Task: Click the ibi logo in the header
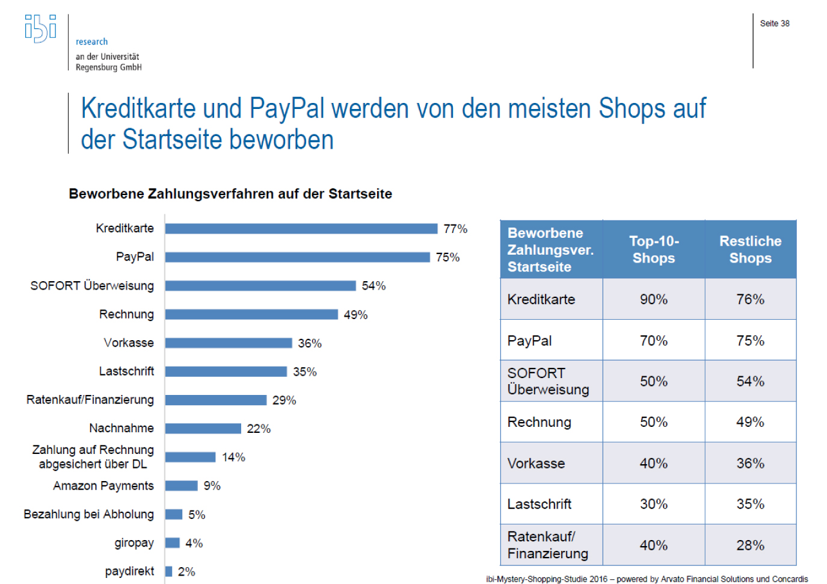pos(40,28)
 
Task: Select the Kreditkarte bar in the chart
pos(301,229)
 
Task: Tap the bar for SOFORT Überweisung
pos(260,285)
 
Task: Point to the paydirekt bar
pos(169,571)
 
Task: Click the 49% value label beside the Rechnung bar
pos(355,315)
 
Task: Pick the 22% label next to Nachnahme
pos(259,429)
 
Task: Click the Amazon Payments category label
pos(103,486)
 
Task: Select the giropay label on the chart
pos(134,543)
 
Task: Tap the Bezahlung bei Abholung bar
pos(174,514)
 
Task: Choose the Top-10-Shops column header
pos(654,249)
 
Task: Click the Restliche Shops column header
pos(750,249)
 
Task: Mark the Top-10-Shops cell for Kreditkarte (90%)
pos(654,299)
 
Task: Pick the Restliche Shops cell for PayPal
pos(750,341)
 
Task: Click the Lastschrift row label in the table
pos(540,504)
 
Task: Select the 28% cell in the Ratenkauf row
pos(750,545)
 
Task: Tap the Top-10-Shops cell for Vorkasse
pos(654,464)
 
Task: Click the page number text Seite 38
pos(775,23)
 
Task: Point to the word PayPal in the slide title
pos(287,109)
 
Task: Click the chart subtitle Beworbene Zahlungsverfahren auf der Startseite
pos(230,194)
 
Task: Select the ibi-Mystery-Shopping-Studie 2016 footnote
pos(647,579)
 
